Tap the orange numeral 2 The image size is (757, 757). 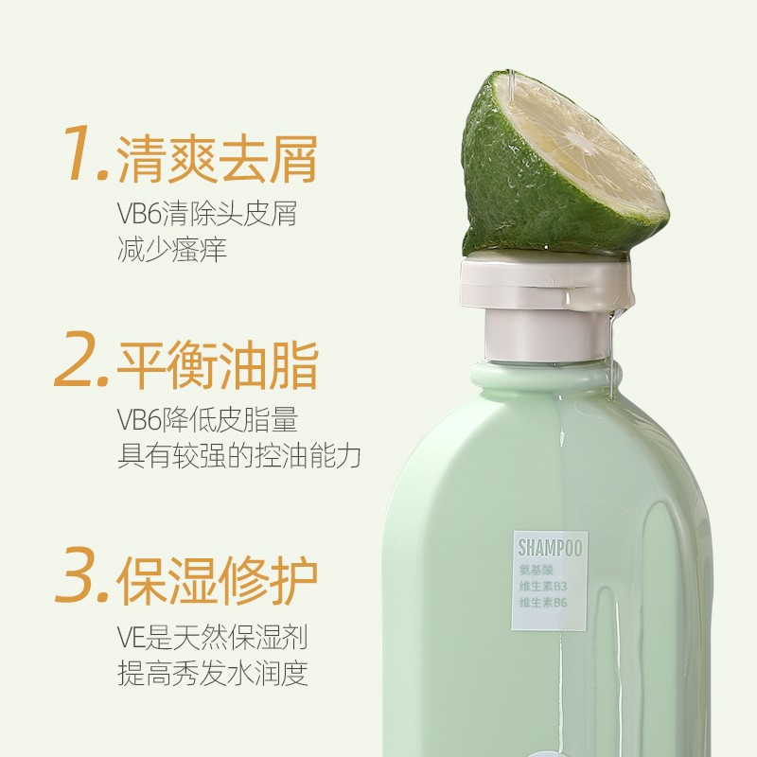pos(76,359)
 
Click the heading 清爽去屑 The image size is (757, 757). pos(217,158)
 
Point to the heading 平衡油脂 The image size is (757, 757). pos(218,364)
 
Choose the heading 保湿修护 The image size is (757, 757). pos(217,580)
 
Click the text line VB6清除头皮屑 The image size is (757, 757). pos(207,214)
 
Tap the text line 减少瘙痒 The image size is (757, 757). pos(172,250)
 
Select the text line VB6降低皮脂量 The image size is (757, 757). pos(207,419)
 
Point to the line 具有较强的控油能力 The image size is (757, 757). pos(239,456)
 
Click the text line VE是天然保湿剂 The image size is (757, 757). pos(212,637)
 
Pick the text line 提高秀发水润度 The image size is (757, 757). pos(212,674)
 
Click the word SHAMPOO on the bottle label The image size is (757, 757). pos(550,549)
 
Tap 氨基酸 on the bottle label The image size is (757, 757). pos(536,571)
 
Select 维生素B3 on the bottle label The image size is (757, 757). pos(543,587)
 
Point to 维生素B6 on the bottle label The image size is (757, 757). pos(543,603)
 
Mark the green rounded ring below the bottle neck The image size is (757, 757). pos(546,377)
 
